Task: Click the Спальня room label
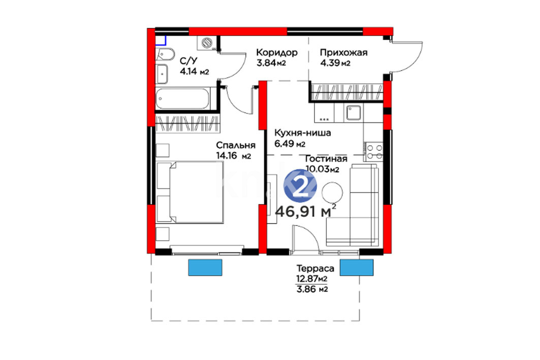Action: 236,145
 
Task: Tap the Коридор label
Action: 276,52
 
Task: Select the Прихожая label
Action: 344,52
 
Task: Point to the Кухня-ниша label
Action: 302,133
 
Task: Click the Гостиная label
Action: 326,158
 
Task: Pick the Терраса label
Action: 315,268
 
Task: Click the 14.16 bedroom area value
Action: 227,155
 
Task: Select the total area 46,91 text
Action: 296,211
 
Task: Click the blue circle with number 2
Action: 300,186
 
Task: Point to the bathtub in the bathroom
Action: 182,99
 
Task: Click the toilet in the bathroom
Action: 165,55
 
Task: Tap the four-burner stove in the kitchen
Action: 374,151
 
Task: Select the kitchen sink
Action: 354,113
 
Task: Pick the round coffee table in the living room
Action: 332,192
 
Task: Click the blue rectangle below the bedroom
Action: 205,268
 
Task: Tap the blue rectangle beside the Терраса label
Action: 357,268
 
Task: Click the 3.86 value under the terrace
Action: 306,289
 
